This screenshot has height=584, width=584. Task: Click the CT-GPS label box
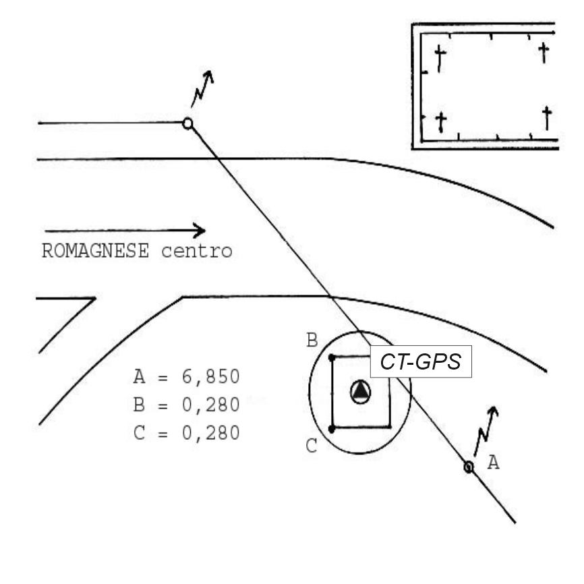pyautogui.click(x=420, y=361)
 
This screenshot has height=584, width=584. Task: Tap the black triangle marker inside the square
pyautogui.click(x=361, y=391)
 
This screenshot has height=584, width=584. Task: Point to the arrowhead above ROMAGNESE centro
pyautogui.click(x=199, y=231)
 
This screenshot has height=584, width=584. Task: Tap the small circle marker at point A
pyautogui.click(x=469, y=466)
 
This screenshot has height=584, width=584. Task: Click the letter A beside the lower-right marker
pyautogui.click(x=493, y=463)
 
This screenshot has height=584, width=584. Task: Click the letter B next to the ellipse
pyautogui.click(x=312, y=340)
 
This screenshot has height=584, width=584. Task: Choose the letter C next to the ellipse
pyautogui.click(x=312, y=446)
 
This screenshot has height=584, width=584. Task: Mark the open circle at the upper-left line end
pyautogui.click(x=187, y=123)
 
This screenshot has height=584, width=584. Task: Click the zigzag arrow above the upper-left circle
pyautogui.click(x=203, y=88)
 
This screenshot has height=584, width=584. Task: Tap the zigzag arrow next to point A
pyautogui.click(x=486, y=431)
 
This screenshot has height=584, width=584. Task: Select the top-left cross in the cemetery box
pyautogui.click(x=440, y=59)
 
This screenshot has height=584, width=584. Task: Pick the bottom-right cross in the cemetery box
pyautogui.click(x=547, y=119)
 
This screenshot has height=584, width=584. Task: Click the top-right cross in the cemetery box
pyautogui.click(x=545, y=52)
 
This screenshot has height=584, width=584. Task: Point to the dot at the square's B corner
pyautogui.click(x=331, y=358)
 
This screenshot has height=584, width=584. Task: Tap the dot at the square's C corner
pyautogui.click(x=331, y=428)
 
